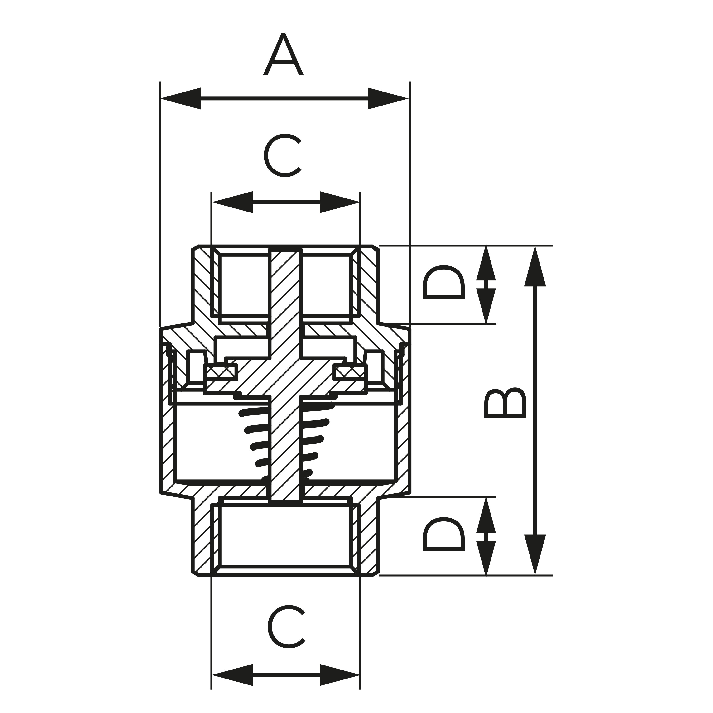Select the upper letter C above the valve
(283, 155)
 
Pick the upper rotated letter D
(443, 282)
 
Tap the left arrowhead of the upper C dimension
(232, 202)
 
